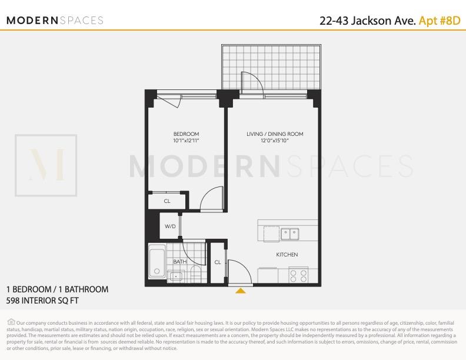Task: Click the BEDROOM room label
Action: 186,134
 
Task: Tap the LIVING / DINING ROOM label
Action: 275,134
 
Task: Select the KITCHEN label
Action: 287,255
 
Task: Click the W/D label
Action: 170,226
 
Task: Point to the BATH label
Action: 179,261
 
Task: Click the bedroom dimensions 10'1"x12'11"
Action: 186,141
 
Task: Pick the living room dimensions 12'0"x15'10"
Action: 275,141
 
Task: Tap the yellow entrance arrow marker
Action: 240,290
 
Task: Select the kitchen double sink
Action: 289,234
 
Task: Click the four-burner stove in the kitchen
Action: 298,275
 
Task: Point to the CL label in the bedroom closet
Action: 167,201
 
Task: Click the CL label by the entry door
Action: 218,262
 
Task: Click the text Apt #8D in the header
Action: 439,21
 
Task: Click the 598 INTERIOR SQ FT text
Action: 42,301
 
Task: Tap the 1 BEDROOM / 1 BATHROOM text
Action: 57,289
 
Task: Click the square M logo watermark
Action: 46,165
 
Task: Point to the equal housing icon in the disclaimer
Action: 11,321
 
